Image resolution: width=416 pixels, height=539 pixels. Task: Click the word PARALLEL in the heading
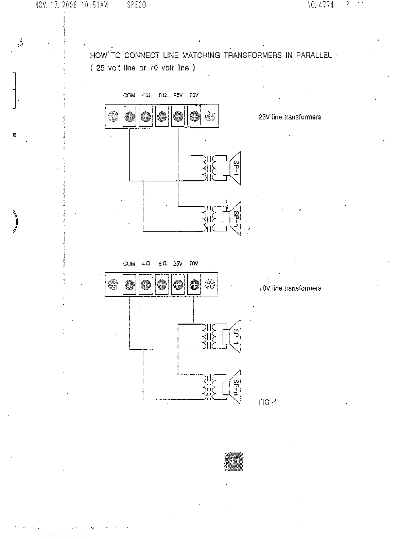(314, 55)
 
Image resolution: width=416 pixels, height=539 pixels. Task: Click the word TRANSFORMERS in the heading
(253, 55)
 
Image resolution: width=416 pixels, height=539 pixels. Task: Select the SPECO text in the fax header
(136, 5)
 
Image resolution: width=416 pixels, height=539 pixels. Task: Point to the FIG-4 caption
(268, 402)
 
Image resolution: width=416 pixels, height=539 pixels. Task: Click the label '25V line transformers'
(290, 117)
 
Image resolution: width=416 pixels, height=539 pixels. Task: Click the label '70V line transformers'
(290, 289)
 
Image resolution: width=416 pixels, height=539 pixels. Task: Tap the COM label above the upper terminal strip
(129, 96)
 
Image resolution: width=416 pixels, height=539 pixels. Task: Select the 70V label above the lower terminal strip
(194, 264)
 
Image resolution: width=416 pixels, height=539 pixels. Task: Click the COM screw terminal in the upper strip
(129, 117)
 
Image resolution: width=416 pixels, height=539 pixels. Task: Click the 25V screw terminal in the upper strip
(178, 117)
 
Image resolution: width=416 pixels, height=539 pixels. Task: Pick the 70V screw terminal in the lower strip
(194, 284)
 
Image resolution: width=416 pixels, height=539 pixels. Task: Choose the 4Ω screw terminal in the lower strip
(146, 284)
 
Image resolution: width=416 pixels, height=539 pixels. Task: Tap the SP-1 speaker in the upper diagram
(235, 168)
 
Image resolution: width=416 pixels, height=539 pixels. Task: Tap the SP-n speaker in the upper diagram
(235, 218)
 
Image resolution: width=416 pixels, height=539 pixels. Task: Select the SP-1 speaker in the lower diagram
(235, 336)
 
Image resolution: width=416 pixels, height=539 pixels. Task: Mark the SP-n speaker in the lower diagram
(235, 387)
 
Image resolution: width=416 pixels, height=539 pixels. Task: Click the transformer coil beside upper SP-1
(208, 168)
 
